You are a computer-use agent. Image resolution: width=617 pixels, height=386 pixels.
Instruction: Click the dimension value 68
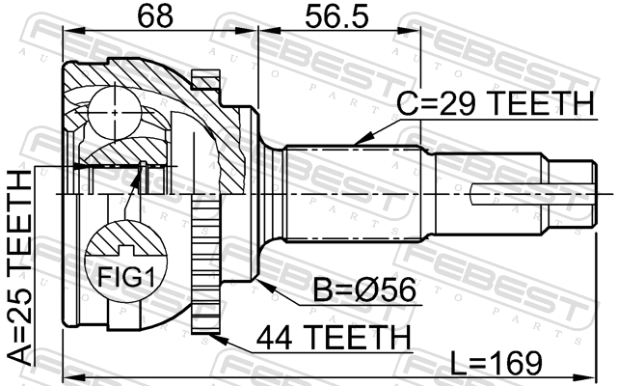155,16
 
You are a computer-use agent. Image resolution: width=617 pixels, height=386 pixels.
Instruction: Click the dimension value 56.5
337,16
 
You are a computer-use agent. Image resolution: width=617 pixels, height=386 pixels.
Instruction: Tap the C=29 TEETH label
495,103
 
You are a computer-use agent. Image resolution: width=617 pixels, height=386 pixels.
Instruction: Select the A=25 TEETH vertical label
19,267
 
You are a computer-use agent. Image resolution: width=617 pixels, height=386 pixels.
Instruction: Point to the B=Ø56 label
364,289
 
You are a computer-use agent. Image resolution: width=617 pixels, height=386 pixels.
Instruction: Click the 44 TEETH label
334,337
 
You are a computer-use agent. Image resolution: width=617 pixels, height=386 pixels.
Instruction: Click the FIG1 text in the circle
126,277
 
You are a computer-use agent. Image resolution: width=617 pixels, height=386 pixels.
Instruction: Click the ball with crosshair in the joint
114,113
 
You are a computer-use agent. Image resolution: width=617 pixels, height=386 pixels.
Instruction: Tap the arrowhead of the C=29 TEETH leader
362,139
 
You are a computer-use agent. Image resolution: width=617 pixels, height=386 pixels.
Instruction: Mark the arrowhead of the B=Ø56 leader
264,286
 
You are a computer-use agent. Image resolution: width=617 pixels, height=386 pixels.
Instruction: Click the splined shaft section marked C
352,193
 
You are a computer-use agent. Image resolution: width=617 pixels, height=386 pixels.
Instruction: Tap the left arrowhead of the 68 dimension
73,31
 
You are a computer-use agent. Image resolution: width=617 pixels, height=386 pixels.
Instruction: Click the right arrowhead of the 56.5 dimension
409,31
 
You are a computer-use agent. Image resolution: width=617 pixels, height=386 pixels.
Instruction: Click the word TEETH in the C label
540,103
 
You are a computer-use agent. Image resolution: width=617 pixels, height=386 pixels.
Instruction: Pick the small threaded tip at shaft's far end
573,195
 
